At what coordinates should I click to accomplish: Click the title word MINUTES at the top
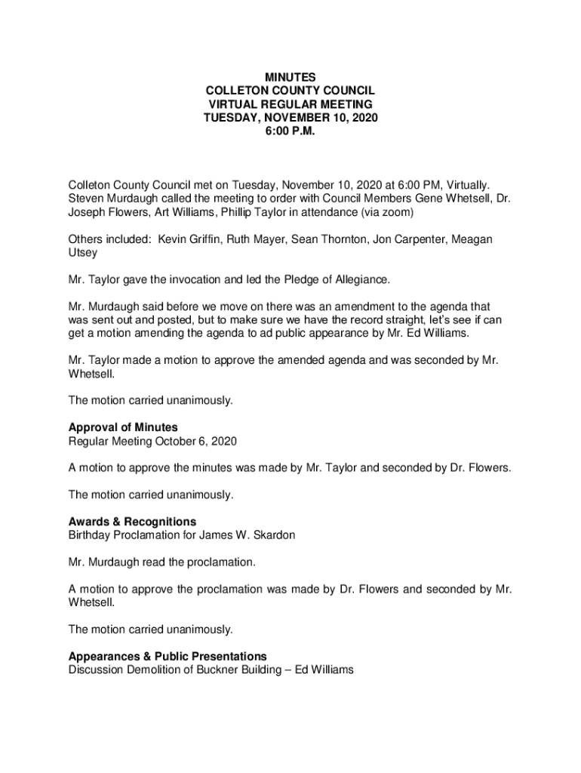(290, 77)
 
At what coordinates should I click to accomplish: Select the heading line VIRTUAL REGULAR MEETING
(290, 104)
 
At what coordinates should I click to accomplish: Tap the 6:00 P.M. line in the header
(290, 131)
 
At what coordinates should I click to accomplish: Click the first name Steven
(87, 199)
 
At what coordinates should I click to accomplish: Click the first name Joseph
(88, 212)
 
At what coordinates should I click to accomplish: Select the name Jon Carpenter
(423, 239)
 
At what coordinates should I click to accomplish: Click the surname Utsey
(82, 253)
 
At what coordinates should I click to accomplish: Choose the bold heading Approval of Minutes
(123, 427)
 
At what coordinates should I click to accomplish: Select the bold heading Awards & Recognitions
(132, 522)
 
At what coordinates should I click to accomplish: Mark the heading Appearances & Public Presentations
(168, 656)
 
